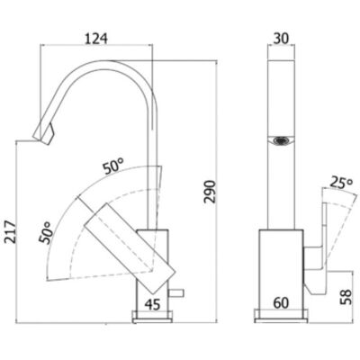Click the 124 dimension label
point(96,39)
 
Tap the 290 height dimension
point(210,192)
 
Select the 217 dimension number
point(11,232)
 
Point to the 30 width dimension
point(281,38)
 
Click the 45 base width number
point(153,305)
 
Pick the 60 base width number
point(281,303)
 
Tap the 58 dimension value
point(346,297)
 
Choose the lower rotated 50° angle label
point(45,232)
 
